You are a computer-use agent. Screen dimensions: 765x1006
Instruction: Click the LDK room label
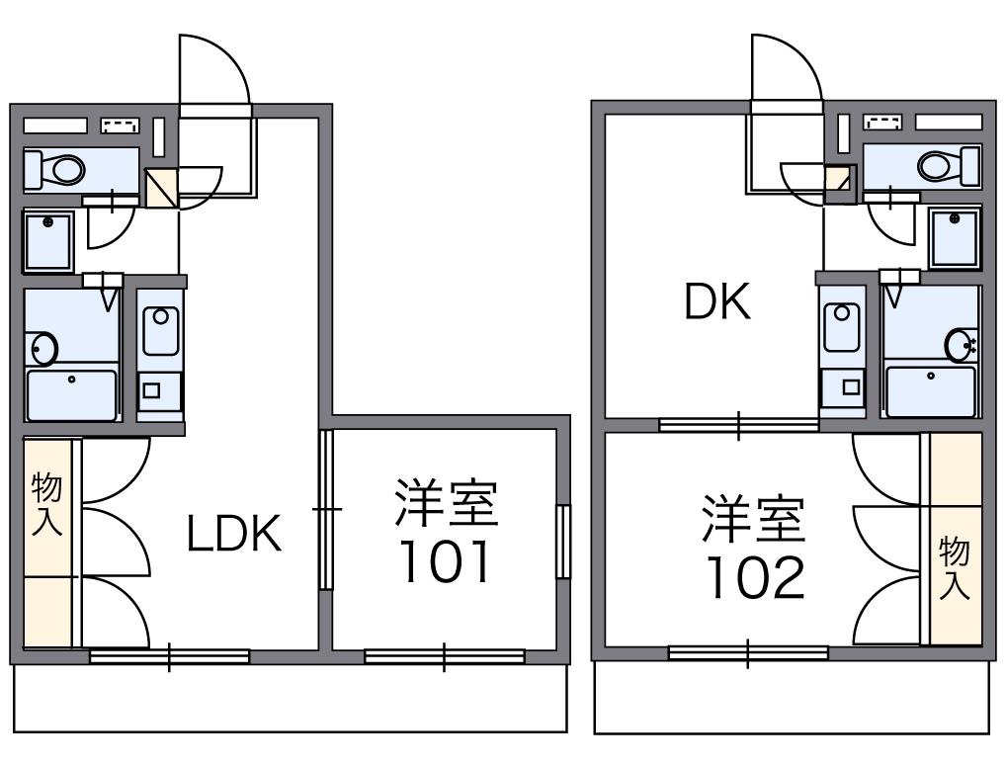coord(235,534)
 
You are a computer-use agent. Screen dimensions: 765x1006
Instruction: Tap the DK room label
coord(718,303)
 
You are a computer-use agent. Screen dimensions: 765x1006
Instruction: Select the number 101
coord(446,563)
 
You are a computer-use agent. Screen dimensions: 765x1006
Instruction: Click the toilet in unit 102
coord(939,165)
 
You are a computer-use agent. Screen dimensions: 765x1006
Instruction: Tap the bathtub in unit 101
coord(71,392)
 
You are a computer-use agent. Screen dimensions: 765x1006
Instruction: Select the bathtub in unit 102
coord(930,390)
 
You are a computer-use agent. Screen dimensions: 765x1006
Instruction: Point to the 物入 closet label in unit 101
coord(46,504)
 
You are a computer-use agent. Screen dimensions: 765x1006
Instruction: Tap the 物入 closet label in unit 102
coord(955,567)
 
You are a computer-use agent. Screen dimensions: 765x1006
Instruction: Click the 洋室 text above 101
coord(446,504)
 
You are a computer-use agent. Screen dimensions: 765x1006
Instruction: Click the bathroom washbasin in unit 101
coord(43,349)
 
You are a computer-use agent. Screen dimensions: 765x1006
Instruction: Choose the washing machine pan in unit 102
coord(955,237)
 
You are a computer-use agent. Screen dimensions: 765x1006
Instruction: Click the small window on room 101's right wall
coord(563,541)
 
